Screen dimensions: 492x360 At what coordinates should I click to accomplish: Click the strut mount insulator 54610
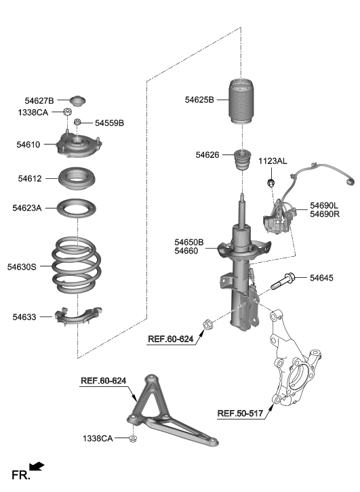pos(79,145)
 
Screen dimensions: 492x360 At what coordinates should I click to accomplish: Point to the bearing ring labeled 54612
pos(76,180)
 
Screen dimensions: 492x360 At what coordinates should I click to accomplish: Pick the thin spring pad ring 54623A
pos(76,208)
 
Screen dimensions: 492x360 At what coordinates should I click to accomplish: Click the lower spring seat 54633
pos(80,316)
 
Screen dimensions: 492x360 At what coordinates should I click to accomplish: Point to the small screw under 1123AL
pos(271,184)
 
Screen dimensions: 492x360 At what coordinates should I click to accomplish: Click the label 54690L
pos(325,204)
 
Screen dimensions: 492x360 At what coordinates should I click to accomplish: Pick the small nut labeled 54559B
pos(79,123)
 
